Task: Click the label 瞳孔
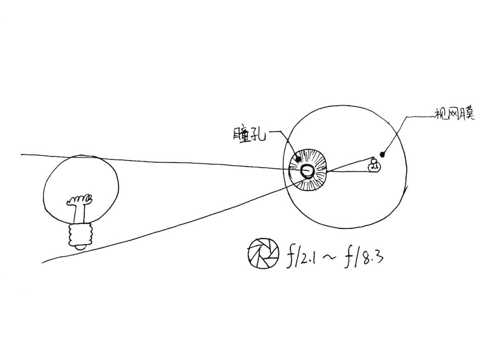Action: [x=249, y=134]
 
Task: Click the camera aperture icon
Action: [x=263, y=253]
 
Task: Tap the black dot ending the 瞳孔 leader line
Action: [x=298, y=159]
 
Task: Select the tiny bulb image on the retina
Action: [x=374, y=165]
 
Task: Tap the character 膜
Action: [x=467, y=114]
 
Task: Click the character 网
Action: [x=454, y=114]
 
